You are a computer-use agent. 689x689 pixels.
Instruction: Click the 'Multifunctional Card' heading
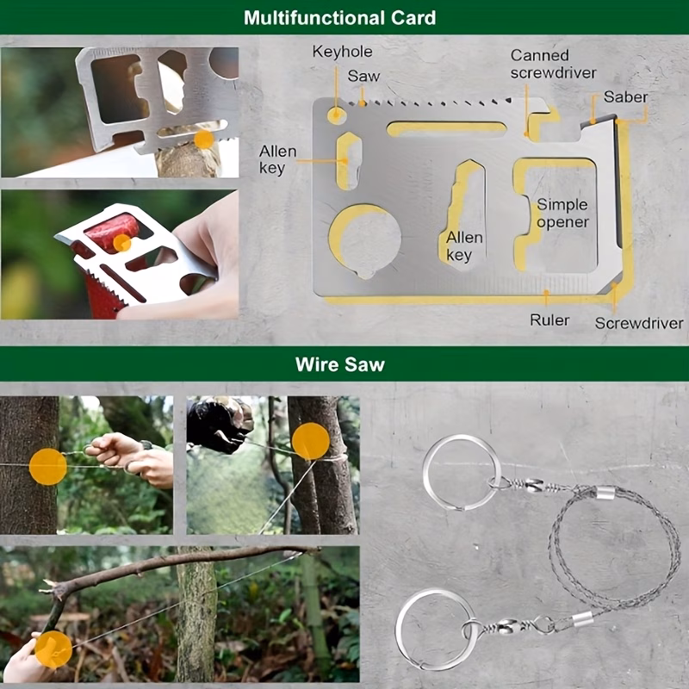(339, 17)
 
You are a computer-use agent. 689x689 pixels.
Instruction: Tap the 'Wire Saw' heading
(340, 364)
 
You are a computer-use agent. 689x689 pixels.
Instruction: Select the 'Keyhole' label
(342, 52)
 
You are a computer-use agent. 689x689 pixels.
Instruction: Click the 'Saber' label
(625, 96)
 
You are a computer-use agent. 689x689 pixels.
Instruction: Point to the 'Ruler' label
(549, 320)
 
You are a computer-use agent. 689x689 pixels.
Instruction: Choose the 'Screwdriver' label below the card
(639, 324)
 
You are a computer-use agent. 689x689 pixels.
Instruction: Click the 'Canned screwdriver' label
(553, 64)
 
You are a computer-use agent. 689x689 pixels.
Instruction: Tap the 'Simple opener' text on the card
(562, 213)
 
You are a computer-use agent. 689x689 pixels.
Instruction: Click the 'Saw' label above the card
(363, 76)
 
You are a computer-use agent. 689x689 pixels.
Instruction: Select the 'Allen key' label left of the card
(277, 159)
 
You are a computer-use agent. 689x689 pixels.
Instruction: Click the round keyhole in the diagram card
(337, 115)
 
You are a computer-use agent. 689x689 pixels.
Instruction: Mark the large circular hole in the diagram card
(365, 240)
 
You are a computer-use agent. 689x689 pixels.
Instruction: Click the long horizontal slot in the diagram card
(446, 128)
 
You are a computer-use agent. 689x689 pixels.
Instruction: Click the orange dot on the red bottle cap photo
(122, 243)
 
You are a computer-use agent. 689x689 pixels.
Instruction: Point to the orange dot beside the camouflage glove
(311, 441)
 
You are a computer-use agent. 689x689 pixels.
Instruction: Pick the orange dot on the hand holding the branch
(53, 649)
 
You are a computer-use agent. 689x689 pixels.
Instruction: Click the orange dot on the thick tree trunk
(48, 466)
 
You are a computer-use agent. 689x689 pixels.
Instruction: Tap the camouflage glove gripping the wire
(220, 424)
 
